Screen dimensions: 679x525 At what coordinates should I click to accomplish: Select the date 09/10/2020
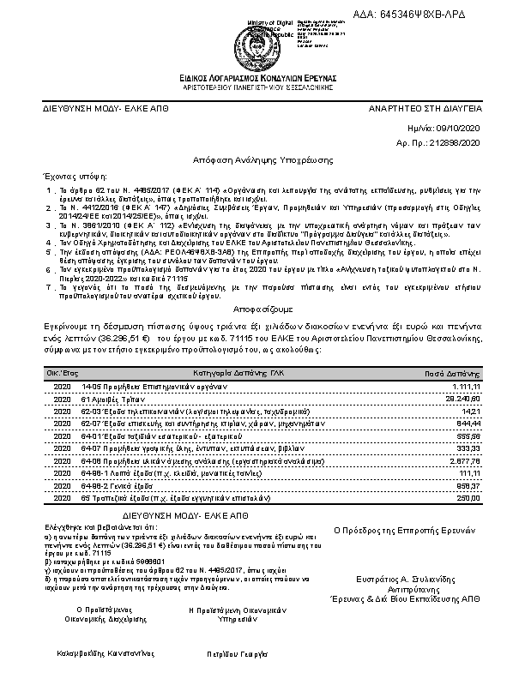[462, 127]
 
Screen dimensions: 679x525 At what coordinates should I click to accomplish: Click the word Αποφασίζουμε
[262, 307]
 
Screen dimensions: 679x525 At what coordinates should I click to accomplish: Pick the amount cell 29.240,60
[464, 399]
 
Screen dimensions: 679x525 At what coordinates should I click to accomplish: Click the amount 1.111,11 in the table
[468, 387]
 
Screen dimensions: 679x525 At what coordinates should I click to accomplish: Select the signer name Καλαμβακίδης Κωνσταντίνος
[89, 652]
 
